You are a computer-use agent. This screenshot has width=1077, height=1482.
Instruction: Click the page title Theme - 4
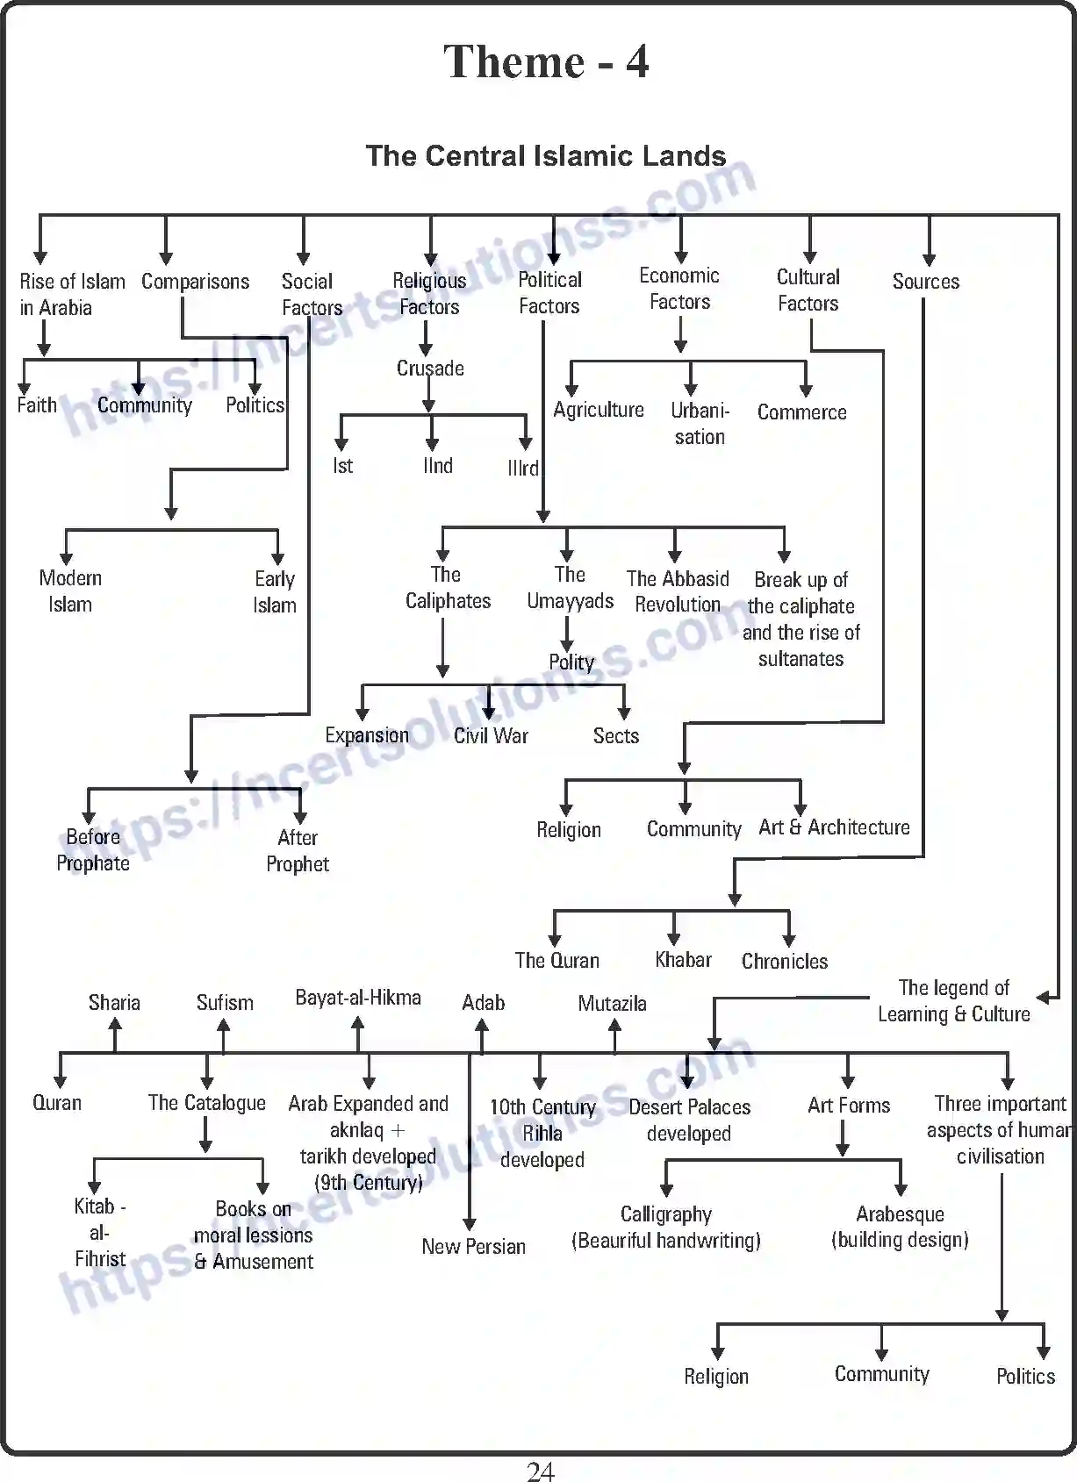click(545, 61)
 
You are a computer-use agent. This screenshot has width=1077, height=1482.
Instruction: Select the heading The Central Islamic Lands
click(545, 156)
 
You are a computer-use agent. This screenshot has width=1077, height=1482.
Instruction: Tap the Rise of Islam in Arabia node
click(71, 294)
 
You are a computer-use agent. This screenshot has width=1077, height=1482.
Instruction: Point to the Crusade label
click(430, 369)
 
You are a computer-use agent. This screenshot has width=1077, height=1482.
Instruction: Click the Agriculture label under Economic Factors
click(599, 410)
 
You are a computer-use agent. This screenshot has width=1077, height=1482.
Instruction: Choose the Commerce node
click(801, 412)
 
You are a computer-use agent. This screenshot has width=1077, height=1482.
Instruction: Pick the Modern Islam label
click(70, 591)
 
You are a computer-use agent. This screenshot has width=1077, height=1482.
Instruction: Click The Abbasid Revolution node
click(678, 591)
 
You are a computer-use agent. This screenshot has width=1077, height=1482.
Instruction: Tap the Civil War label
click(491, 736)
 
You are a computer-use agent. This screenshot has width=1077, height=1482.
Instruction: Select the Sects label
click(615, 736)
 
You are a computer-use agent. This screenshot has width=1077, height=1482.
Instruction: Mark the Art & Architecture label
click(834, 827)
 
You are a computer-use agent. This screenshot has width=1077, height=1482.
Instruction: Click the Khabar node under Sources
click(683, 960)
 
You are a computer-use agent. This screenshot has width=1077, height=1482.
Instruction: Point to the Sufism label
click(225, 1003)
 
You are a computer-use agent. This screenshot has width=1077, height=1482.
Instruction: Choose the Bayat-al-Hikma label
click(358, 998)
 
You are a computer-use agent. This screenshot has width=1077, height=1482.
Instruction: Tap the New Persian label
click(473, 1246)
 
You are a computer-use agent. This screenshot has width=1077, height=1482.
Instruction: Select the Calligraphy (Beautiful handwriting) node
click(665, 1227)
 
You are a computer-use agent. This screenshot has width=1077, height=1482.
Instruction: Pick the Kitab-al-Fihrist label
click(100, 1232)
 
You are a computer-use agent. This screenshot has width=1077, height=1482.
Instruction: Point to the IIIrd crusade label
click(523, 468)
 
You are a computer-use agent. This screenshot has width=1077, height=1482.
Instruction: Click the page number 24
click(541, 1471)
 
